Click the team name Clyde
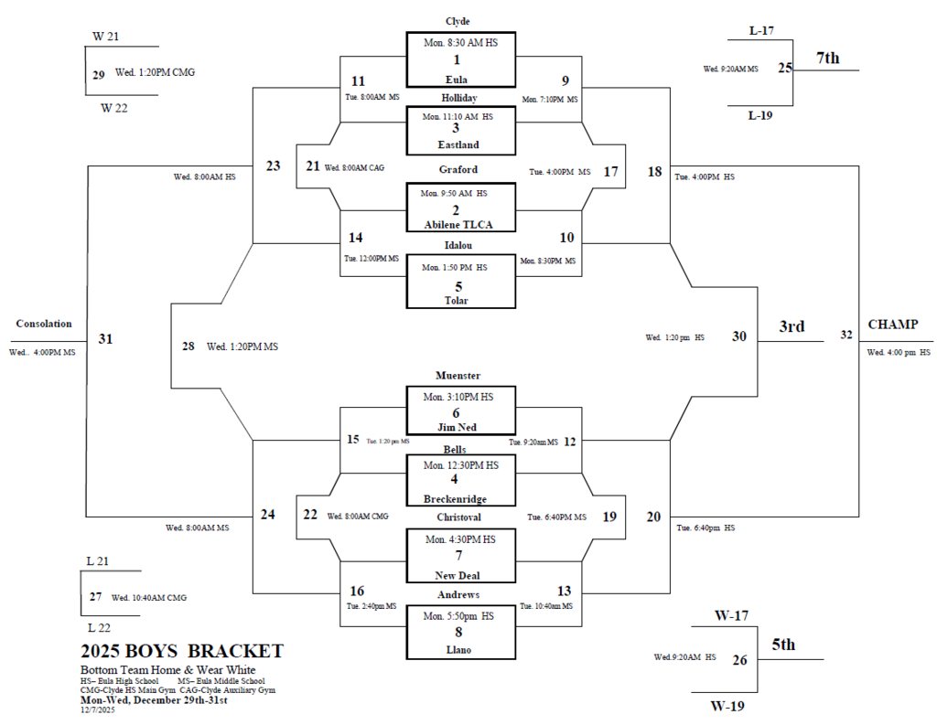(x=458, y=21)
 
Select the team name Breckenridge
(x=455, y=499)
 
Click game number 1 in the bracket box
(x=456, y=59)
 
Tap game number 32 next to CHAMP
(x=846, y=336)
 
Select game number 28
(x=188, y=347)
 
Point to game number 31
(x=105, y=339)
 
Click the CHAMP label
(x=892, y=325)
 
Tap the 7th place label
(x=827, y=59)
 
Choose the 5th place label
(x=782, y=645)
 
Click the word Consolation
(x=44, y=324)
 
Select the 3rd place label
(x=792, y=326)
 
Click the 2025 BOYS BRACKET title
(x=181, y=652)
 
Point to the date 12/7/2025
(x=97, y=709)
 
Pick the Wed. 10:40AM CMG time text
(x=149, y=598)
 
